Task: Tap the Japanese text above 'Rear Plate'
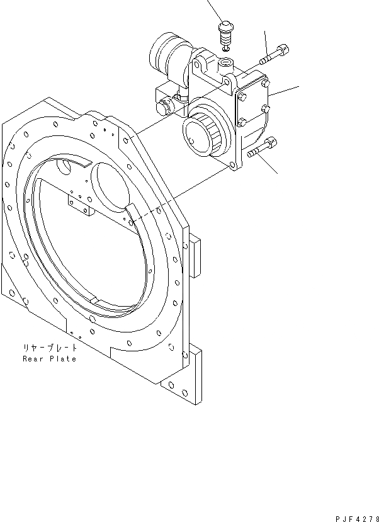[49, 348]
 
